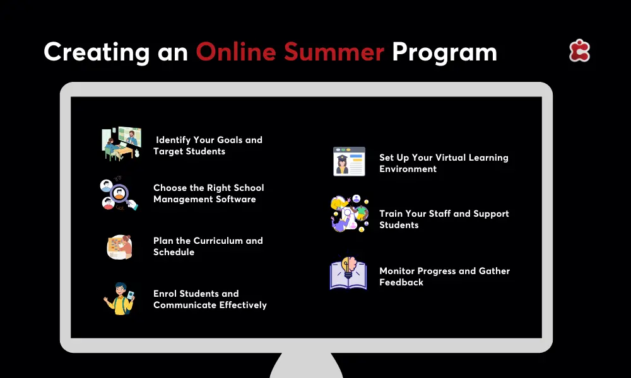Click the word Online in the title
(236, 52)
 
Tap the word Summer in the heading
(334, 52)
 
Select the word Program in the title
(444, 53)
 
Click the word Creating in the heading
(97, 53)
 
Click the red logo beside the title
(579, 50)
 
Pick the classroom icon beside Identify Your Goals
(121, 144)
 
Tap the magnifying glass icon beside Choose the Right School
(119, 193)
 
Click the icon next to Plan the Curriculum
(119, 246)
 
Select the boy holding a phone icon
(119, 299)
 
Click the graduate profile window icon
(350, 161)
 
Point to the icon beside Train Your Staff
(350, 214)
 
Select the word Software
(236, 199)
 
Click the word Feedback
(401, 282)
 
